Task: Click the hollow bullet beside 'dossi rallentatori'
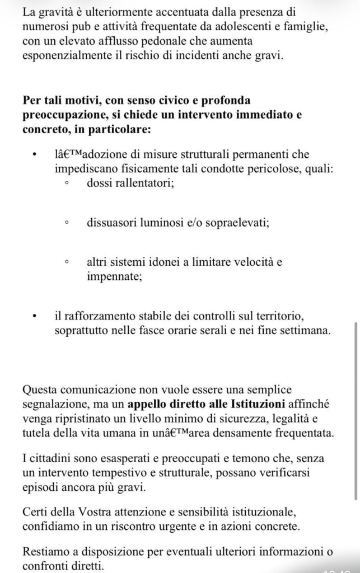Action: pos(67,182)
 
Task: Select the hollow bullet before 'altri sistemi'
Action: pos(67,261)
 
